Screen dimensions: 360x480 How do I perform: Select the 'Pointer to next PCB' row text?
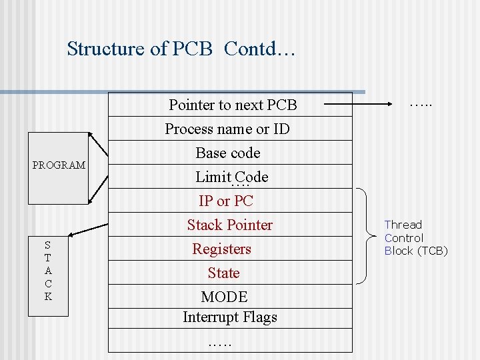233,105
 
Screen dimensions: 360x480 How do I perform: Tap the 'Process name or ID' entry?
227,129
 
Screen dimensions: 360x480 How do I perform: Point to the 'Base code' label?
228,153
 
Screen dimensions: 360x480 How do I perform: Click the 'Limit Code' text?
231,177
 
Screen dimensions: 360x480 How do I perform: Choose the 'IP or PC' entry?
226,201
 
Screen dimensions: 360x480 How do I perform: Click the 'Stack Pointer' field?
230,225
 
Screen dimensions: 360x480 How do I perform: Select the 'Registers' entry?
222,249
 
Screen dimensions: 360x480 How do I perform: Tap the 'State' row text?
223,273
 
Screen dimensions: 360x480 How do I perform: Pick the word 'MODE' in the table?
224,297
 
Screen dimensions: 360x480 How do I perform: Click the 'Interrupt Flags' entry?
230,317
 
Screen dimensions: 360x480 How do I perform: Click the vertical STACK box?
48,271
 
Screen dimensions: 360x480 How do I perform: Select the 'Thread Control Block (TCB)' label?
415,238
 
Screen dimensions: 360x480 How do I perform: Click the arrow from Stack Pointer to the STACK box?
87,229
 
